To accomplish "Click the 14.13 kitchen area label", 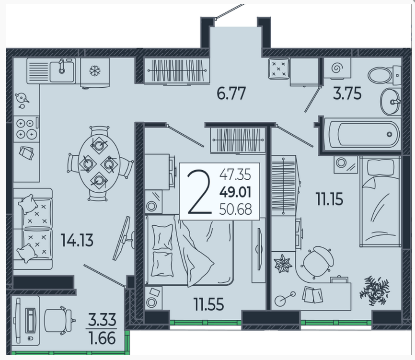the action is [77, 240].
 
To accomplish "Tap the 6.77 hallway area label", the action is [231, 93].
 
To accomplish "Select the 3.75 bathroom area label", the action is [347, 93].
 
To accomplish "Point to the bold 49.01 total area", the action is [235, 192].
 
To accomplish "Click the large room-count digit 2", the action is [199, 192].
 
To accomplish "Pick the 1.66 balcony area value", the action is [102, 338].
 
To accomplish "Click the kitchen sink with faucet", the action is [62, 70].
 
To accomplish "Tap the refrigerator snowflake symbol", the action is [94, 70].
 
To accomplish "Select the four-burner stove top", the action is [26, 129].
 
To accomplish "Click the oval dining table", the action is [99, 164].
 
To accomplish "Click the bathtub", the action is [363, 135].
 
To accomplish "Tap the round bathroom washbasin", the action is [391, 102].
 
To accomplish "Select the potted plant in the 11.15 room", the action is [374, 290].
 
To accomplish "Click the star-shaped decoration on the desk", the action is [283, 263].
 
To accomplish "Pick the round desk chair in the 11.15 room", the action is [317, 262].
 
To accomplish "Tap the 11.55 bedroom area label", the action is [208, 304].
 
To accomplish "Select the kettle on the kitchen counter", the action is [22, 100].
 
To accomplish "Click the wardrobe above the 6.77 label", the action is [177, 70].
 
